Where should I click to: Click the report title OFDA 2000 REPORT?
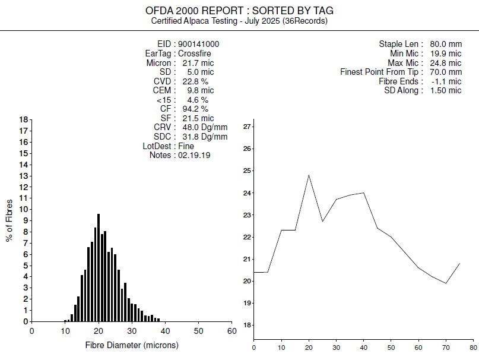pyautogui.click(x=239, y=11)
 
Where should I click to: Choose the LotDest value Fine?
pyautogui.click(x=186, y=146)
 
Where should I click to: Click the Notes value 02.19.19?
pyautogui.click(x=194, y=155)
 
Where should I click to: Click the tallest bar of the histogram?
pyautogui.click(x=99, y=267)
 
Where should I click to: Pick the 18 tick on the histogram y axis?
pyautogui.click(x=24, y=119)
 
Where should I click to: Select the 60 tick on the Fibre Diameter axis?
pyautogui.click(x=232, y=331)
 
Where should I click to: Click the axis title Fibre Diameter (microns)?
pyautogui.click(x=132, y=345)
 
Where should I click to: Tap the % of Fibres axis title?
pyautogui.click(x=9, y=220)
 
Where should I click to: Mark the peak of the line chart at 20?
pyautogui.click(x=309, y=175)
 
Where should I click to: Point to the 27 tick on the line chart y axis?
pyautogui.click(x=248, y=127)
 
